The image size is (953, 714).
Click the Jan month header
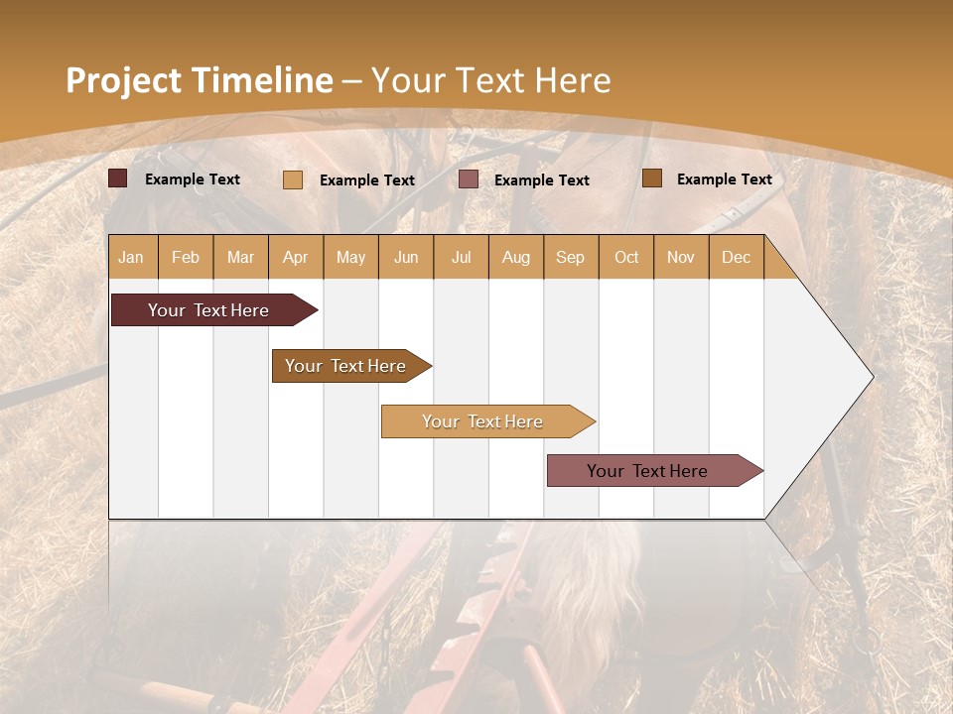(131, 257)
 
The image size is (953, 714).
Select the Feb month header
(186, 257)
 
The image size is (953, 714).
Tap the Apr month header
(295, 257)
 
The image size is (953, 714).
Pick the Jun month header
(406, 257)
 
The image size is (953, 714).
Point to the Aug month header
(515, 257)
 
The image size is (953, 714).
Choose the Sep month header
(570, 257)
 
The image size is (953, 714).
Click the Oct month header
(626, 257)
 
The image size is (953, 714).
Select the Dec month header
(736, 257)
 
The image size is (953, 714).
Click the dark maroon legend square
(118, 178)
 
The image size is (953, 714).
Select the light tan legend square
(293, 179)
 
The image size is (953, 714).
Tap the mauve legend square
(469, 179)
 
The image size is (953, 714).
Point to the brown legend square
(652, 178)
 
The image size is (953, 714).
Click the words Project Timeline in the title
(200, 80)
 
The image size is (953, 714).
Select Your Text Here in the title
(490, 80)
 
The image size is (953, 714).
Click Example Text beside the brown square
(724, 178)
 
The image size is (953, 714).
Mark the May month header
(350, 257)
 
